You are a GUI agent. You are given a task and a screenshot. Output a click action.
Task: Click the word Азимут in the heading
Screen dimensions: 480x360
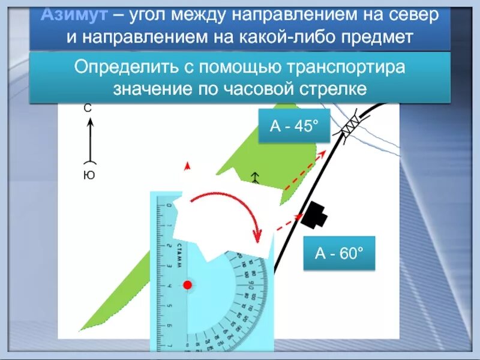point(67,16)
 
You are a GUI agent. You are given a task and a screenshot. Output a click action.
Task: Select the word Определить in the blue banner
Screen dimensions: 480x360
point(125,67)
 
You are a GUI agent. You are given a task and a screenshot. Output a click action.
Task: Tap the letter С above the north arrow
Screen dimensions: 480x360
point(88,109)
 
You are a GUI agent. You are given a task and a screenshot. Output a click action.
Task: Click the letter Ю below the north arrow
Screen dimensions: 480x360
point(89,176)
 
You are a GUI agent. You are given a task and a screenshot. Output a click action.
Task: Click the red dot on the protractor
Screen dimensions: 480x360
point(187,285)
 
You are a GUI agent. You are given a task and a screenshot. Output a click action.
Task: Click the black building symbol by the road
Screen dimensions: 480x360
point(314,215)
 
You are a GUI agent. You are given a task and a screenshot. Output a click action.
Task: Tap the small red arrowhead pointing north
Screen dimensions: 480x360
point(187,166)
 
